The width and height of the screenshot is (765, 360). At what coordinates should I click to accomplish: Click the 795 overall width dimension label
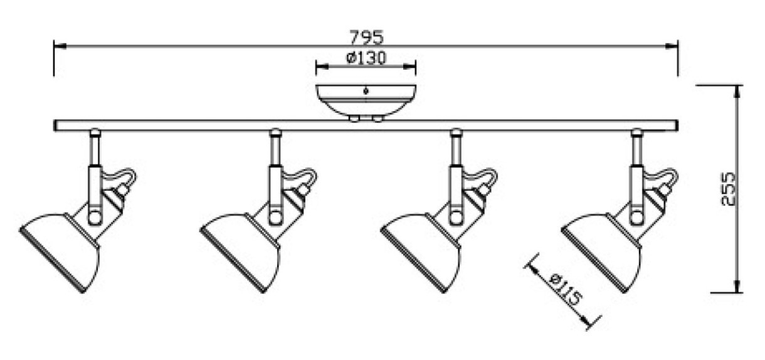[x=367, y=37]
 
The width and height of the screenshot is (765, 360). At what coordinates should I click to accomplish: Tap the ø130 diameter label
[x=366, y=58]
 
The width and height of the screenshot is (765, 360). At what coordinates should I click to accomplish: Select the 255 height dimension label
[x=728, y=189]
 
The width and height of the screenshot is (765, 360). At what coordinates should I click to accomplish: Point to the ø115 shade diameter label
[x=565, y=289]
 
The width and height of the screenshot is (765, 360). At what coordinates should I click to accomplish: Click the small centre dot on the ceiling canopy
[x=366, y=91]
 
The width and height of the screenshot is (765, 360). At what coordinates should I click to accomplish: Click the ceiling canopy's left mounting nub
[x=354, y=118]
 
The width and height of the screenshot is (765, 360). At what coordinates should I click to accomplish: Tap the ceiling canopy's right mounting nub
[x=377, y=118]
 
